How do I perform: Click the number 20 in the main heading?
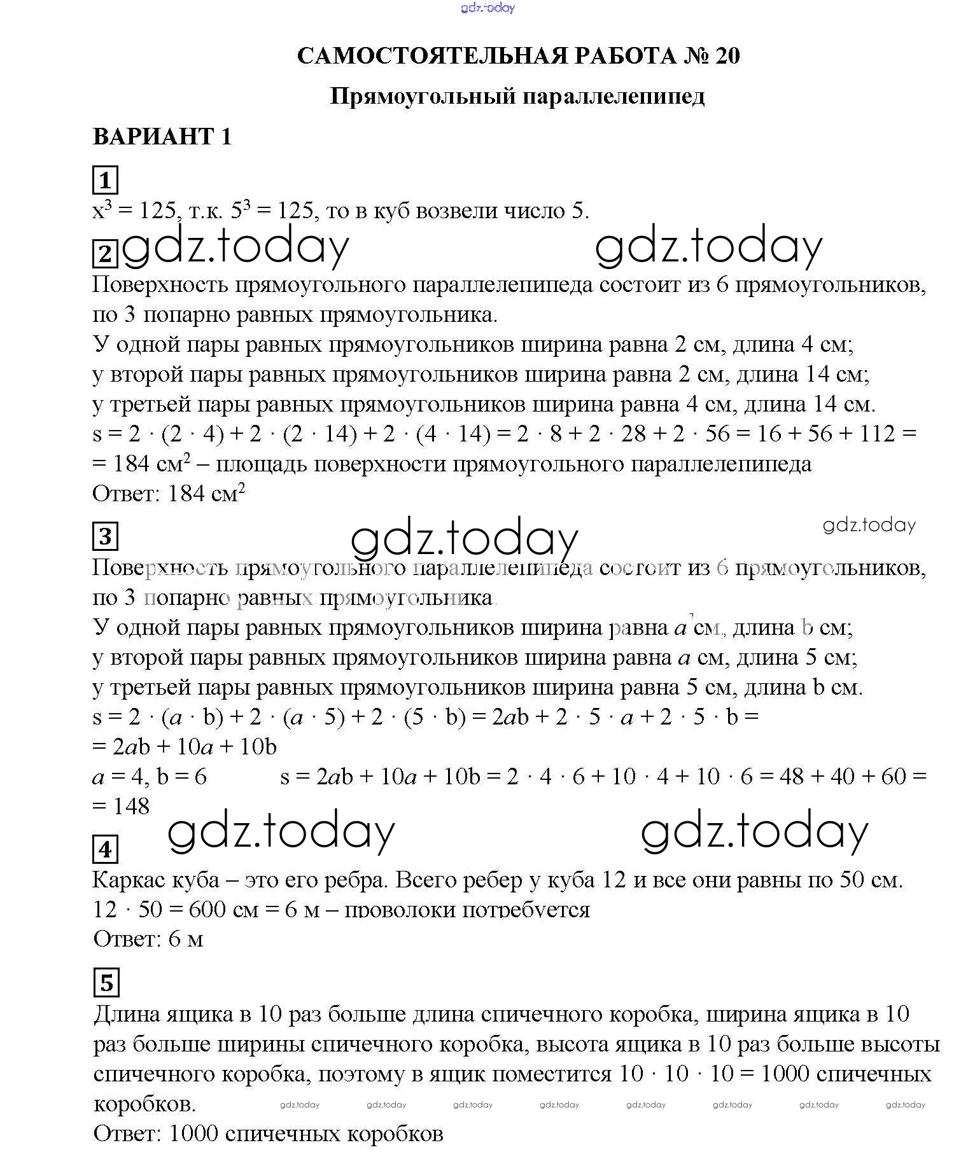727,56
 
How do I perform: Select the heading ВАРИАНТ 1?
162,136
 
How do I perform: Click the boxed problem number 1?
105,180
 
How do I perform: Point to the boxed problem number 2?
105,254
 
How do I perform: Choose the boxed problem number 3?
105,536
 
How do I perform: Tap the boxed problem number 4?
105,849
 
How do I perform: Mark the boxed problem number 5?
106,983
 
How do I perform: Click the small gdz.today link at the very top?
487,8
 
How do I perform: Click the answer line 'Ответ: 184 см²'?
169,494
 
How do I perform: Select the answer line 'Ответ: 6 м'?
148,939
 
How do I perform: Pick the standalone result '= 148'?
121,806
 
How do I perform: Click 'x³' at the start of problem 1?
102,210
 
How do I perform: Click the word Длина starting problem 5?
128,1013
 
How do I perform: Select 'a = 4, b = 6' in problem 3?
150,777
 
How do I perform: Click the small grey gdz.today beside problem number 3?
869,525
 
